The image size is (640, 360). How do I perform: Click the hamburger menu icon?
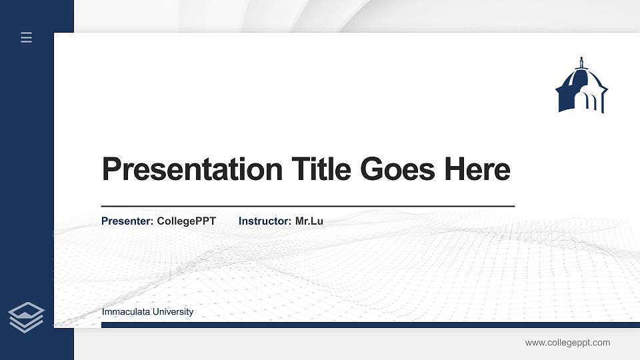click(x=27, y=37)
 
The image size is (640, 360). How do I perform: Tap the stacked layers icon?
click(x=26, y=316)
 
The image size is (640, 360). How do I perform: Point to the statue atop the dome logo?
click(x=581, y=63)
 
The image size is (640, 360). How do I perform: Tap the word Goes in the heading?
click(x=397, y=169)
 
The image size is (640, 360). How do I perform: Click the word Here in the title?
click(x=477, y=169)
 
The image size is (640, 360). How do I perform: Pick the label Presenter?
click(x=127, y=221)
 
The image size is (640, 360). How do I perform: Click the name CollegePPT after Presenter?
click(x=187, y=221)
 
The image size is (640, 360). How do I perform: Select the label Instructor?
click(x=265, y=221)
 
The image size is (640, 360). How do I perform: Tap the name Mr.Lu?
click(x=309, y=221)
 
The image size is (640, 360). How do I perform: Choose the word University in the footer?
click(x=173, y=312)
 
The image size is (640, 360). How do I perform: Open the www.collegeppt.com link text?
click(x=567, y=343)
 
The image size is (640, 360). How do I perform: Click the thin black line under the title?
click(x=307, y=207)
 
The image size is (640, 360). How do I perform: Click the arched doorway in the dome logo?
click(x=591, y=101)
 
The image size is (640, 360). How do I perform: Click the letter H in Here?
click(x=455, y=169)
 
